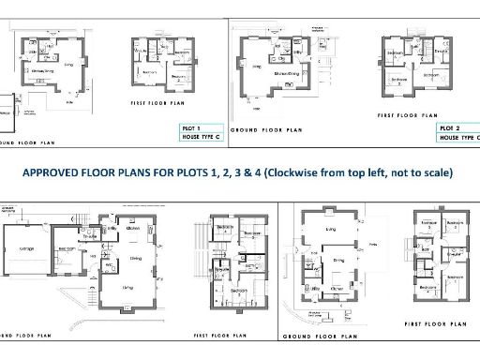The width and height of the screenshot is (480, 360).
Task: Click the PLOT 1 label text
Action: [x=191, y=127]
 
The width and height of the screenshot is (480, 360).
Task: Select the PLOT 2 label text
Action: [x=450, y=127]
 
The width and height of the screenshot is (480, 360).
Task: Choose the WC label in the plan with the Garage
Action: [x=109, y=265]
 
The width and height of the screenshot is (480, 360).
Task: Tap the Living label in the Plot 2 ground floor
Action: [x=255, y=66]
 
